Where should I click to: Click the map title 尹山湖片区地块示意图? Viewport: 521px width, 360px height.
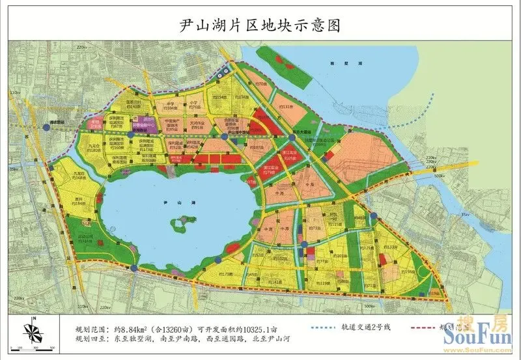(260, 26)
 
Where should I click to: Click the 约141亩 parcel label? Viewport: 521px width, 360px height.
(276, 282)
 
